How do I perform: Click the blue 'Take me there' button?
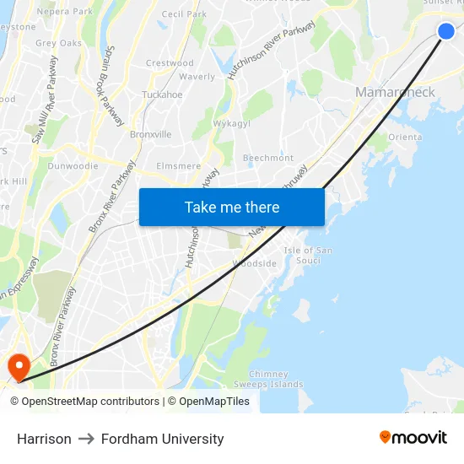tap(232, 208)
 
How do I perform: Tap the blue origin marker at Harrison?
tap(446, 31)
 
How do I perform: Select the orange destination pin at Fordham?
tap(18, 365)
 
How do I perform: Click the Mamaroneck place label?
tap(395, 92)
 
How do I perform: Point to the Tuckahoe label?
tap(162, 95)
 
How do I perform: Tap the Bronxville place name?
tap(150, 134)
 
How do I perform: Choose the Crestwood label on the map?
tap(170, 63)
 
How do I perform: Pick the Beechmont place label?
tap(268, 158)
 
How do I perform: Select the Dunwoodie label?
tap(73, 166)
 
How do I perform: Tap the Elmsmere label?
tap(178, 166)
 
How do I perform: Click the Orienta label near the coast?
tap(404, 138)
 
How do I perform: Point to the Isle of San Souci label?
tap(309, 256)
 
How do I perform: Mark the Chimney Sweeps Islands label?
tap(268, 379)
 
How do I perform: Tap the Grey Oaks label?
tap(58, 43)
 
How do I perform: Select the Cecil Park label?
tap(184, 14)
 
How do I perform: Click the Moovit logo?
tap(413, 438)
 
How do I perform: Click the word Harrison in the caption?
tap(44, 439)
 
